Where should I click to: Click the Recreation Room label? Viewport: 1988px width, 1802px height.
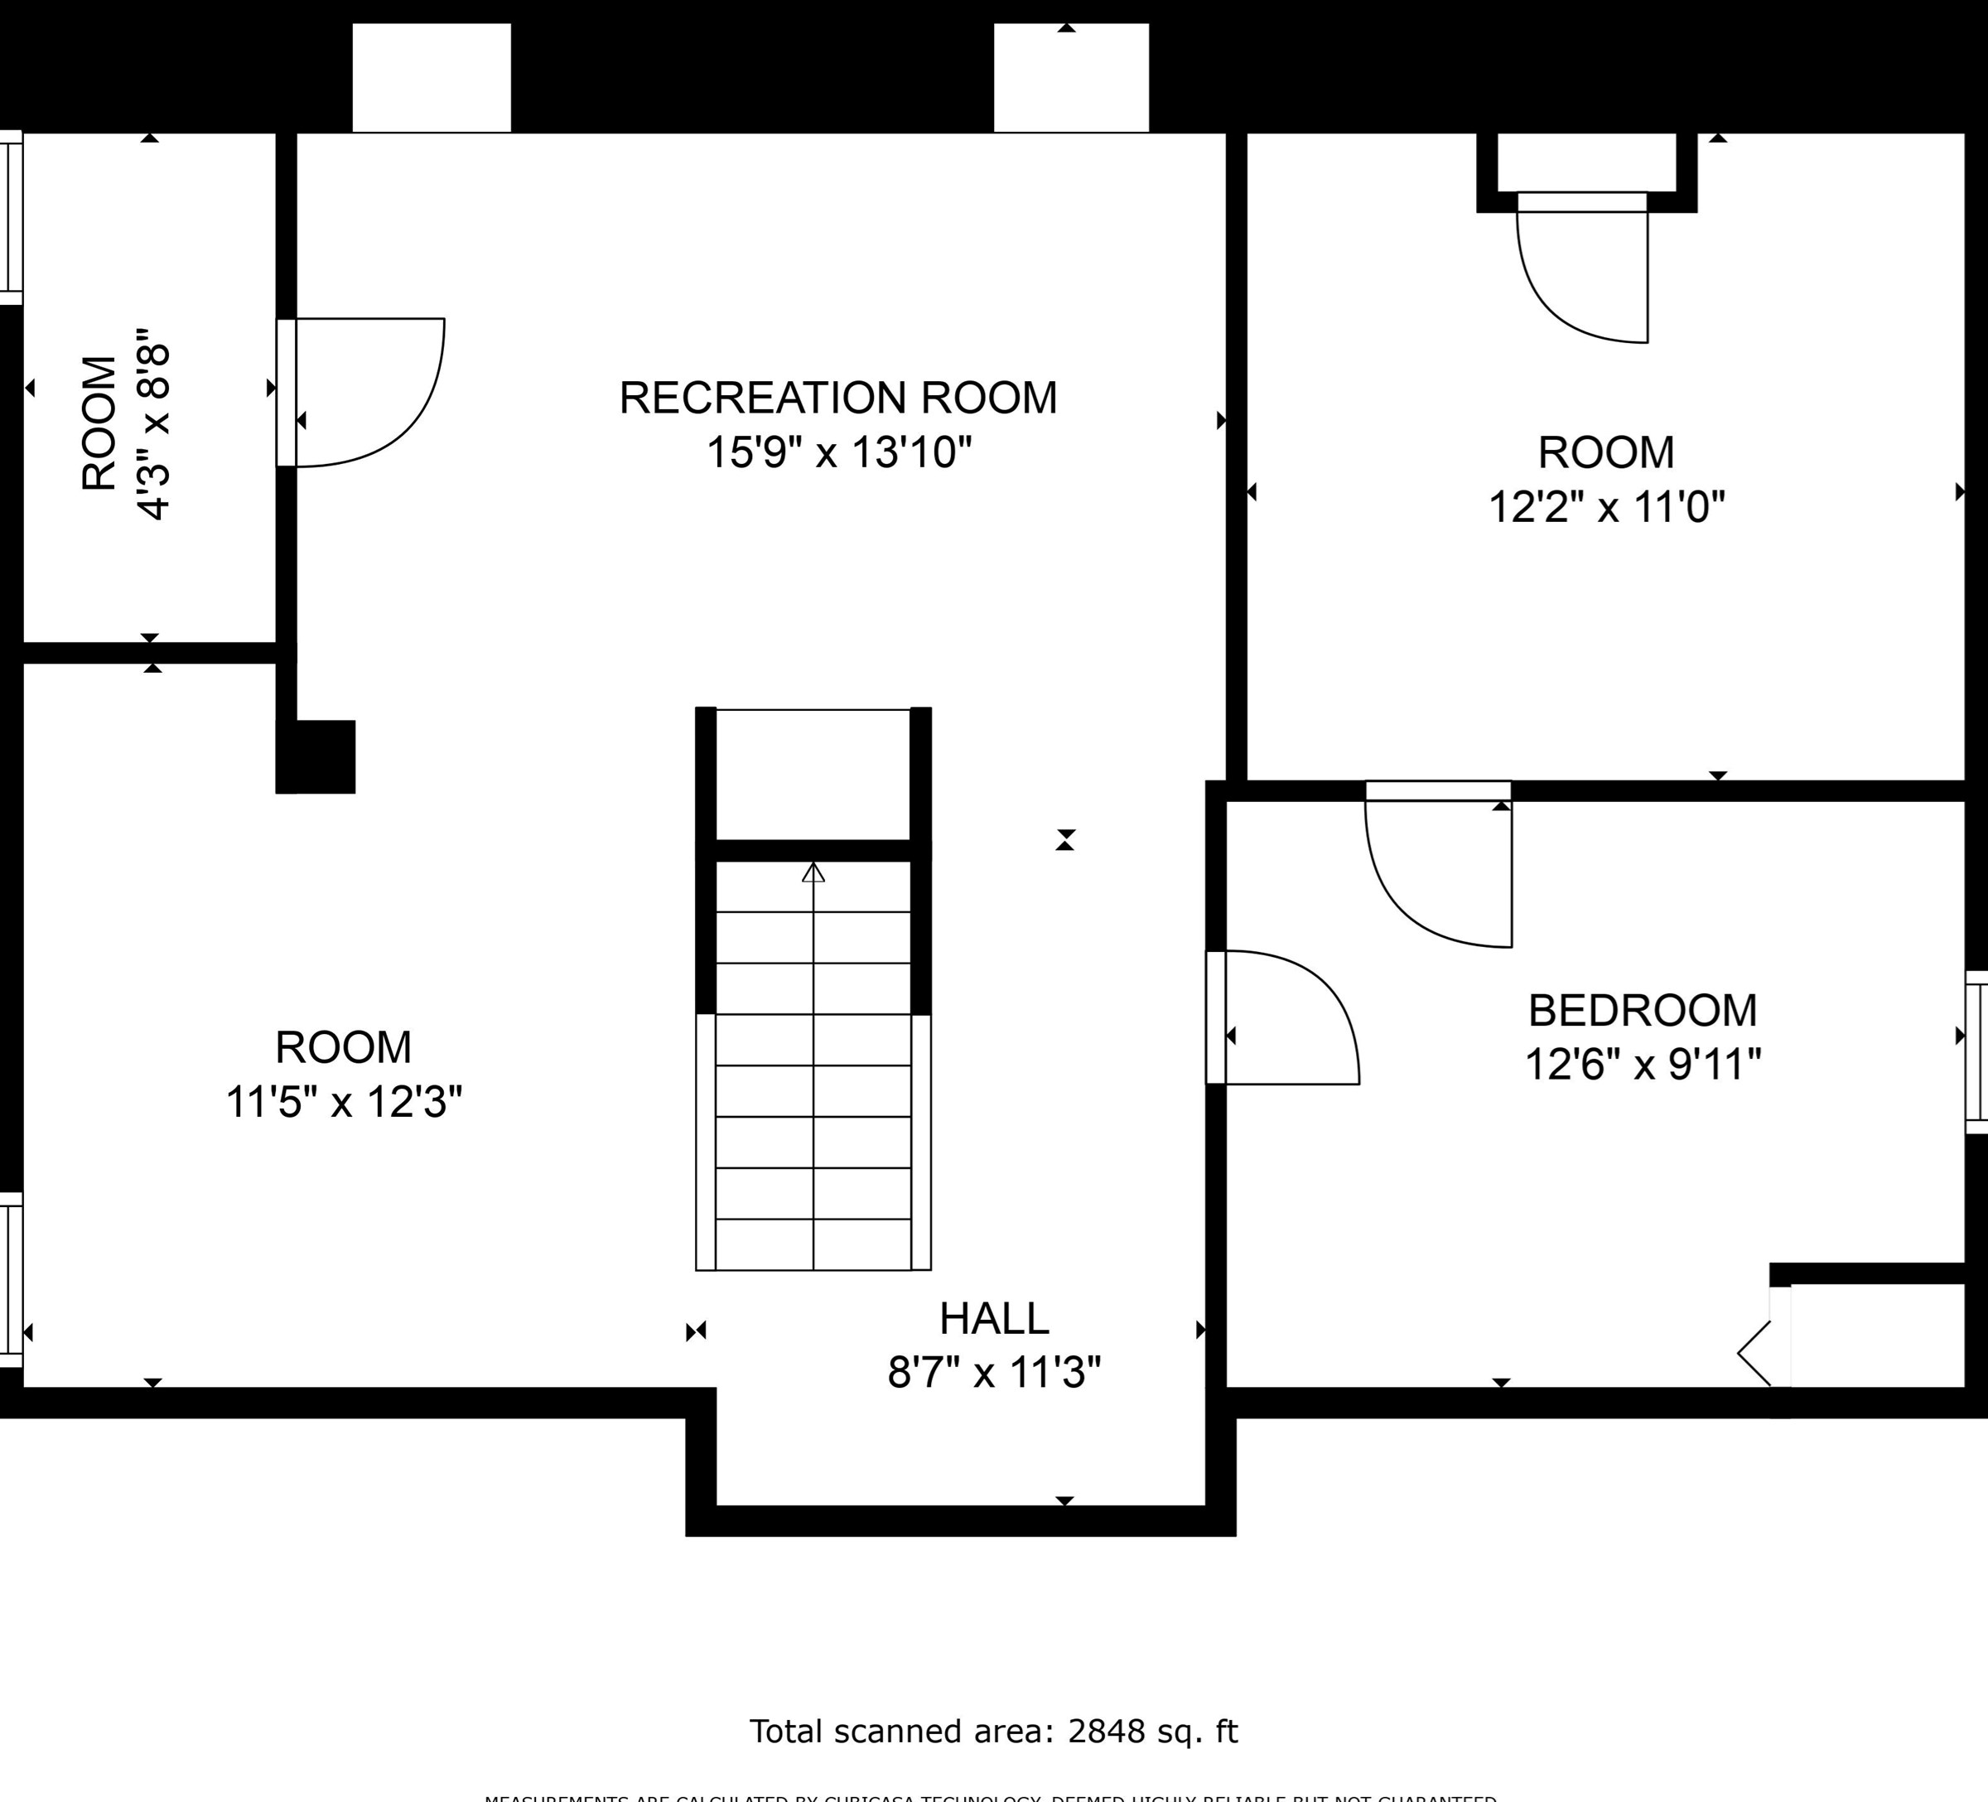(837, 398)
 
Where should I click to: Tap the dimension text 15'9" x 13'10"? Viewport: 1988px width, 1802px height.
(838, 452)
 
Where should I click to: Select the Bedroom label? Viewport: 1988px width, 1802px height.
(1642, 1010)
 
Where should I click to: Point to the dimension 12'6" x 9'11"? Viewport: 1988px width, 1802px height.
(1642, 1065)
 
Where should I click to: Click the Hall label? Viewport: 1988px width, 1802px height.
(993, 1319)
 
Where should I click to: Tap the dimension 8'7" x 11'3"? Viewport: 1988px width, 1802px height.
(993, 1373)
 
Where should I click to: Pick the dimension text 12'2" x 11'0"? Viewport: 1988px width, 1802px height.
(1605, 508)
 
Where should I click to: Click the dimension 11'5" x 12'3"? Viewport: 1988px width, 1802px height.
(343, 1102)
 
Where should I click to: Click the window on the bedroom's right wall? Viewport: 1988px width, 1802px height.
(1976, 1051)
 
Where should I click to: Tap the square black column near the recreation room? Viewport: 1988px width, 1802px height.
(316, 756)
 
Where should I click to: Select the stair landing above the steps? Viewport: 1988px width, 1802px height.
(813, 775)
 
